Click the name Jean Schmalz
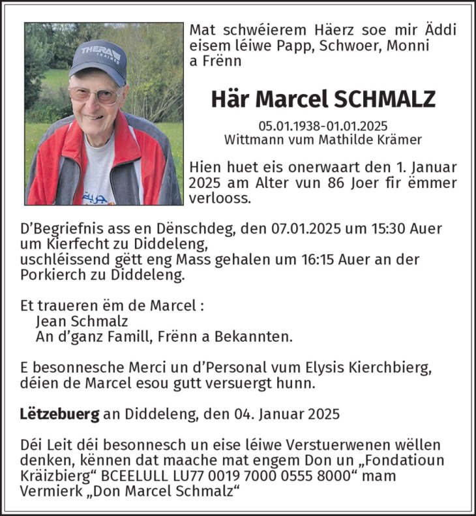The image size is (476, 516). [x=82, y=321]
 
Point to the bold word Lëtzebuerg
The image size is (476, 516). [x=59, y=413]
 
